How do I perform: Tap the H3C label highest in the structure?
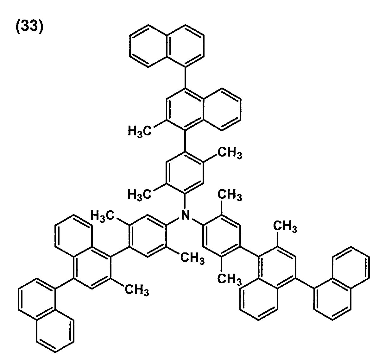click(x=140, y=131)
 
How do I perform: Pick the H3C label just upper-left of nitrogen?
click(x=140, y=195)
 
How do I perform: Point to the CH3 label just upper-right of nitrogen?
click(x=230, y=195)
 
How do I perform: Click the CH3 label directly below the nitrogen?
click(x=192, y=258)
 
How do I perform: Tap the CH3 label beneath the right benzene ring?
click(x=230, y=279)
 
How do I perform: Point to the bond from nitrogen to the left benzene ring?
click(x=172, y=222)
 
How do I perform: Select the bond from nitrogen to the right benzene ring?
click(x=198, y=222)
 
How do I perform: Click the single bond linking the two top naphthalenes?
click(x=185, y=78)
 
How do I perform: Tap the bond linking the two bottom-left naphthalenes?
click(x=65, y=284)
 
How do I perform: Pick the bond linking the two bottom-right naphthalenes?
click(x=305, y=284)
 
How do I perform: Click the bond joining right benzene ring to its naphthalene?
click(x=250, y=252)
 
